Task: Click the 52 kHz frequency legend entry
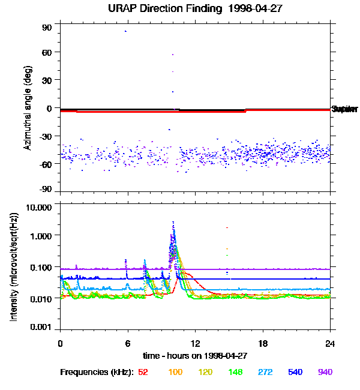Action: pyautogui.click(x=143, y=372)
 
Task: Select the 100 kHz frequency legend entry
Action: pyautogui.click(x=175, y=372)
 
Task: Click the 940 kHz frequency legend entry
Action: pyautogui.click(x=325, y=372)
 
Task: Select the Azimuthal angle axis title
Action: pyautogui.click(x=28, y=108)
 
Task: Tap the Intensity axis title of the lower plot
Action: pyautogui.click(x=13, y=268)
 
